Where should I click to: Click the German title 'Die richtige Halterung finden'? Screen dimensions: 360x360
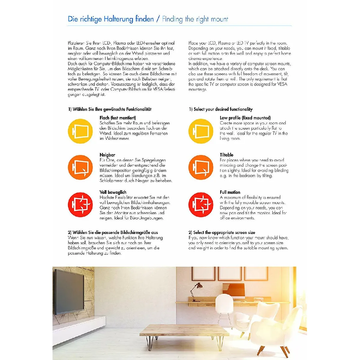click(x=111, y=19)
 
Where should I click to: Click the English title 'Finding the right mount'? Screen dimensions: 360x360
click(x=195, y=19)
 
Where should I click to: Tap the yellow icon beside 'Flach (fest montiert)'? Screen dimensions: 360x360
click(x=80, y=131)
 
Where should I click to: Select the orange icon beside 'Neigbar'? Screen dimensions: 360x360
click(x=80, y=167)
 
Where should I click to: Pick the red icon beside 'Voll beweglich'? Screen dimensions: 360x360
click(x=80, y=205)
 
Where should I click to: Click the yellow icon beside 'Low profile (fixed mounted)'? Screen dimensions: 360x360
click(x=201, y=131)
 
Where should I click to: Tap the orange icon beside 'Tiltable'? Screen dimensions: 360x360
click(x=201, y=167)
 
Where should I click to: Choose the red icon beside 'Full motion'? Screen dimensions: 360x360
click(x=201, y=205)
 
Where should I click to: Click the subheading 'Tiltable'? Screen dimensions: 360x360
click(x=226, y=155)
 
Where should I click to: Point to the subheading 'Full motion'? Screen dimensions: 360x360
click(x=230, y=192)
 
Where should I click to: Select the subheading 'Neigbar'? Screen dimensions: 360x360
click(x=107, y=155)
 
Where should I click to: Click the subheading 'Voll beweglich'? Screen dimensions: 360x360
click(x=113, y=192)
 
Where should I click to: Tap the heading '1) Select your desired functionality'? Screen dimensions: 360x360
click(x=220, y=109)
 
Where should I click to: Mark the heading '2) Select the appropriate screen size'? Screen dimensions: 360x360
click(x=222, y=232)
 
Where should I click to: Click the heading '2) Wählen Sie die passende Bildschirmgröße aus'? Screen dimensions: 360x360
click(x=113, y=232)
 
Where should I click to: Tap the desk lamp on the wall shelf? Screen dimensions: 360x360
click(x=195, y=289)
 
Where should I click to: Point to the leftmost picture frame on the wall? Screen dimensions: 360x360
click(x=203, y=273)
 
